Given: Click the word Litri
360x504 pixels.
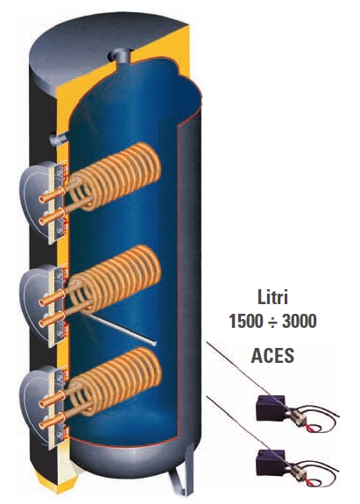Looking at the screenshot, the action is [272, 296].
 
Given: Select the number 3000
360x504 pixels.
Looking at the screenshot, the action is [300, 321].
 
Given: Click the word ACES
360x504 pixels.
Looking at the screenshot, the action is [272, 355].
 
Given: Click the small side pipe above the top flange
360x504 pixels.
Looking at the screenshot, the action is [58, 138].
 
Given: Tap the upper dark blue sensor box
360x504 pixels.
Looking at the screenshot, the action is [271, 408].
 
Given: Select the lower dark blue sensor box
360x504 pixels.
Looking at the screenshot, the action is [271, 462].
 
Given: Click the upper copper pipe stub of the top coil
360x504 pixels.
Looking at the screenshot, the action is [52, 195].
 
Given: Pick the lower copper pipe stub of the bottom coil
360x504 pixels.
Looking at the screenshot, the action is [52, 421].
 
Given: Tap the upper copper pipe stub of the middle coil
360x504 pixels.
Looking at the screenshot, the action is [52, 298].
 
